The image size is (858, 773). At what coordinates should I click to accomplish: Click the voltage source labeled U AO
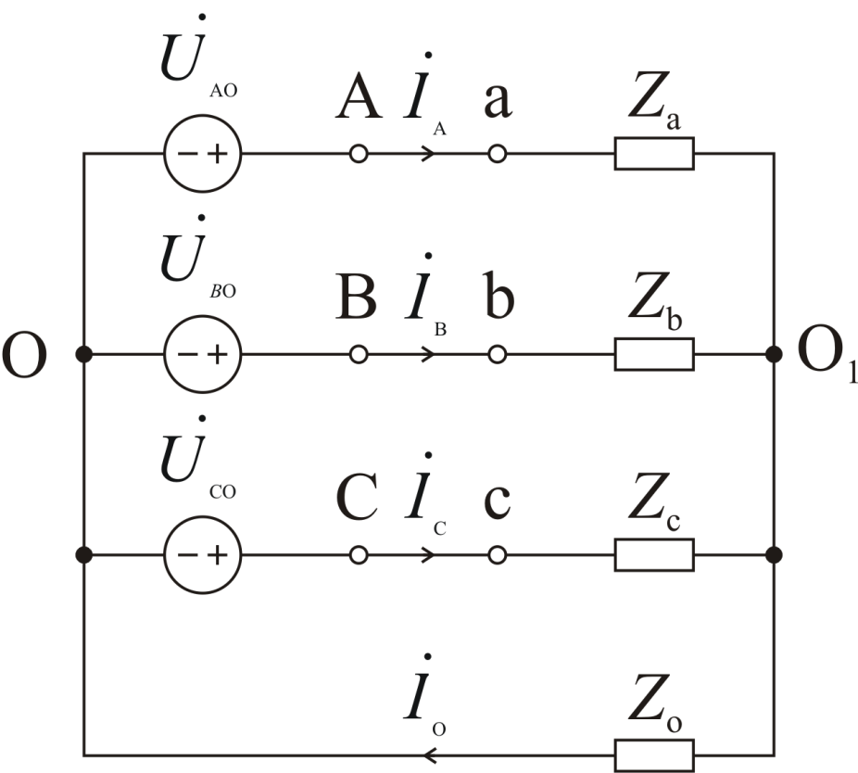202,153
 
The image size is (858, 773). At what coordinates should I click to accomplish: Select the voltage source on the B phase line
202,354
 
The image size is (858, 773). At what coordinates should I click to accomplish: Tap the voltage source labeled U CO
202,555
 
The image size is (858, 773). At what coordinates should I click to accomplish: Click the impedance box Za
654,154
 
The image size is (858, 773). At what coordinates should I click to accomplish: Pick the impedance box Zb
654,354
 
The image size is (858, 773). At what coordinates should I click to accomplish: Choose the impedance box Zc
654,555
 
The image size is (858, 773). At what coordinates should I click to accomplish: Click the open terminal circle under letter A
359,154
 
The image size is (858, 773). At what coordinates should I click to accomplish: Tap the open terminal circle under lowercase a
498,154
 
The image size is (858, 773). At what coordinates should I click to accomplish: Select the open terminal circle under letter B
359,354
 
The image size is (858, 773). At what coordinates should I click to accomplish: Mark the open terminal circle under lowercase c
498,555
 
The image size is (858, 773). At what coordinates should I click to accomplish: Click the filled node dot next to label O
84,354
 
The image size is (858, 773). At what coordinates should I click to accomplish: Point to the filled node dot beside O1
775,354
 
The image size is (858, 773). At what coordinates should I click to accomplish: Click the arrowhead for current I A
428,154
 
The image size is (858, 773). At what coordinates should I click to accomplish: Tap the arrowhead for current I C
428,555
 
